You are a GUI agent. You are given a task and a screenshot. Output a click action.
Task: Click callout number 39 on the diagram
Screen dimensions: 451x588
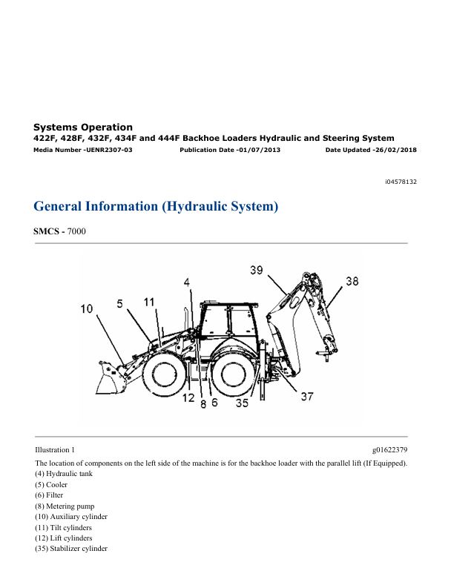tap(257, 270)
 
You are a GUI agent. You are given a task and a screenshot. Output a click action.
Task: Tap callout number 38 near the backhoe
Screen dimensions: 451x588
tap(352, 281)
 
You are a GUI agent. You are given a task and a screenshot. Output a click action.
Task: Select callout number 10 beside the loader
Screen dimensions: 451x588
tap(86, 308)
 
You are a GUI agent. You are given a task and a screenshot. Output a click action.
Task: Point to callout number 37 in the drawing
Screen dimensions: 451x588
tap(307, 396)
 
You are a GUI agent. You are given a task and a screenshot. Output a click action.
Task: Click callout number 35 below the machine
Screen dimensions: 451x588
tap(242, 403)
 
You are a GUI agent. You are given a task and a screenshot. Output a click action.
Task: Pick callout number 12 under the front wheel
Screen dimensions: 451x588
tap(188, 397)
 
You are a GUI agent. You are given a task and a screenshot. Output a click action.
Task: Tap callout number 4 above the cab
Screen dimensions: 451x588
tap(187, 283)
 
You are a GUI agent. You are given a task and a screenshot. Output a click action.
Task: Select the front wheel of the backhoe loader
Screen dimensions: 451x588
tap(163, 374)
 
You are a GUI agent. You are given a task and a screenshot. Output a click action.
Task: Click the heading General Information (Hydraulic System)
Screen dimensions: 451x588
tap(156, 206)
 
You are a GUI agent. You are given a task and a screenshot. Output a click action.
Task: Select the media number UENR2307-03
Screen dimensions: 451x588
tap(109, 150)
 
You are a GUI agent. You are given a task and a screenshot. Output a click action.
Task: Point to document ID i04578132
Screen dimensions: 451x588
tap(401, 182)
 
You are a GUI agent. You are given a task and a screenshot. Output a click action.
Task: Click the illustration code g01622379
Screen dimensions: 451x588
tap(390, 449)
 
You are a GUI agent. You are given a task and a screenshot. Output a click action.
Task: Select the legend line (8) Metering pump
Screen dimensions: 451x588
tap(65, 506)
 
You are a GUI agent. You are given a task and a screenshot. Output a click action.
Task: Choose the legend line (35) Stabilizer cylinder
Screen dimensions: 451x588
tap(71, 548)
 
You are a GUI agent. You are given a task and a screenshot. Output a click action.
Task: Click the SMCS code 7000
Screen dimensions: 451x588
tap(76, 231)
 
